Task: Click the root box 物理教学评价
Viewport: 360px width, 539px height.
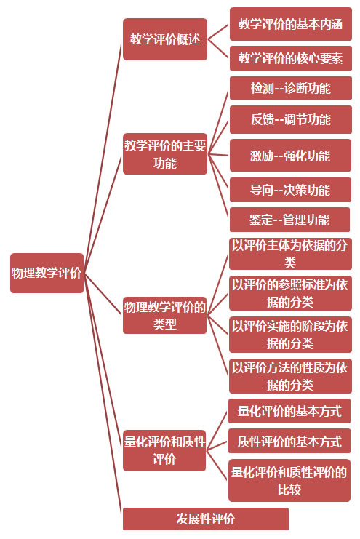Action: (47, 273)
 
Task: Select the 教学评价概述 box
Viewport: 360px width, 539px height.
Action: (165, 39)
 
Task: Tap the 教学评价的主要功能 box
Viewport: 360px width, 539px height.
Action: (165, 153)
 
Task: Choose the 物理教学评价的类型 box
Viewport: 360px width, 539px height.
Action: (164, 315)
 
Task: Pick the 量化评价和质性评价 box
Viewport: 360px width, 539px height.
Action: (164, 450)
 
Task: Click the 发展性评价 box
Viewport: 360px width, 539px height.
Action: (206, 519)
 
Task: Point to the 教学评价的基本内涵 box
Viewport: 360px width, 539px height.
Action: (290, 24)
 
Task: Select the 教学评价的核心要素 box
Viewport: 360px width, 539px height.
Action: (290, 58)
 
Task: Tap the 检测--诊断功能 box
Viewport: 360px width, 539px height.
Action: (290, 88)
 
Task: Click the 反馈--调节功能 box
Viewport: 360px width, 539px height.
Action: (290, 119)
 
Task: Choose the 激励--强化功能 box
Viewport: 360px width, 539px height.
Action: (290, 156)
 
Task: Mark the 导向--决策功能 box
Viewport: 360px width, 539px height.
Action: (290, 190)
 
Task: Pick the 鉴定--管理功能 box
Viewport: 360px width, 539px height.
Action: (289, 220)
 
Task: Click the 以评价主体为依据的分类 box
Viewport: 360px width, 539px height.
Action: (290, 254)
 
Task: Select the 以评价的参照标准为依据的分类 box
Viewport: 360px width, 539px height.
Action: (290, 293)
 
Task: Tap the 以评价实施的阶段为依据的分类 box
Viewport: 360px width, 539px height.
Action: (290, 335)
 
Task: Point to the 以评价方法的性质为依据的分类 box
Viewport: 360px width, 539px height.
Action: (290, 376)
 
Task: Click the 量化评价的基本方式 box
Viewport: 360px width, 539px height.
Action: (289, 411)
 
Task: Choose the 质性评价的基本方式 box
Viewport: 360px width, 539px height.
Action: (289, 441)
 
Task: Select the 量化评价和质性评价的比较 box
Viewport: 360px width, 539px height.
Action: (289, 481)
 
